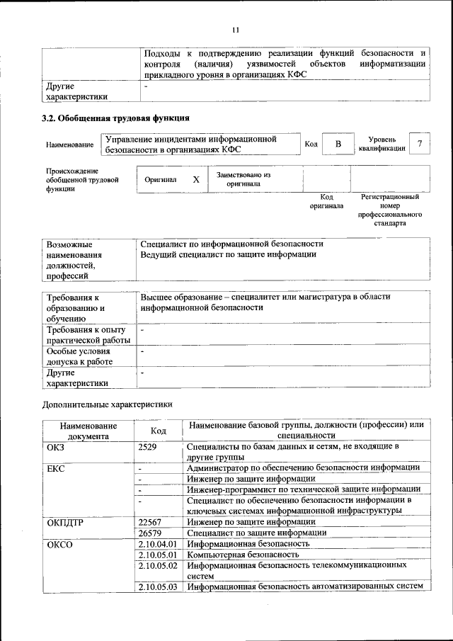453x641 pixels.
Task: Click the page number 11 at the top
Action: pyautogui.click(x=236, y=29)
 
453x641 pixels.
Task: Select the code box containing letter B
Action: pyautogui.click(x=338, y=144)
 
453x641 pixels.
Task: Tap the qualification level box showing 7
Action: pyautogui.click(x=420, y=144)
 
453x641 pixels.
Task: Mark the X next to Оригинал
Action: pyautogui.click(x=196, y=180)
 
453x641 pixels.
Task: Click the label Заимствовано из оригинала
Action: pyautogui.click(x=243, y=179)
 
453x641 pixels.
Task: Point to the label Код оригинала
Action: pyautogui.click(x=326, y=201)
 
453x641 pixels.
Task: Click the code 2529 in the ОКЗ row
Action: pyautogui.click(x=148, y=447)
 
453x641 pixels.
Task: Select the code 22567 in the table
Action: pyautogui.click(x=151, y=521)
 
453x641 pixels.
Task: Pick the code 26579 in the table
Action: pyautogui.click(x=151, y=533)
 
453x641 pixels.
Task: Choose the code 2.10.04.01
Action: pyautogui.click(x=157, y=544)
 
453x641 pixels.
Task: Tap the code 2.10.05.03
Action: pyautogui.click(x=157, y=586)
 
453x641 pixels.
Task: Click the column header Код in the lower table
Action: pyautogui.click(x=159, y=430)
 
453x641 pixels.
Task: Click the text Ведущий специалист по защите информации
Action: pyautogui.click(x=228, y=254)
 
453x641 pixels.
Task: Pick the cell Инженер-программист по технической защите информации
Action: pyautogui.click(x=304, y=489)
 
